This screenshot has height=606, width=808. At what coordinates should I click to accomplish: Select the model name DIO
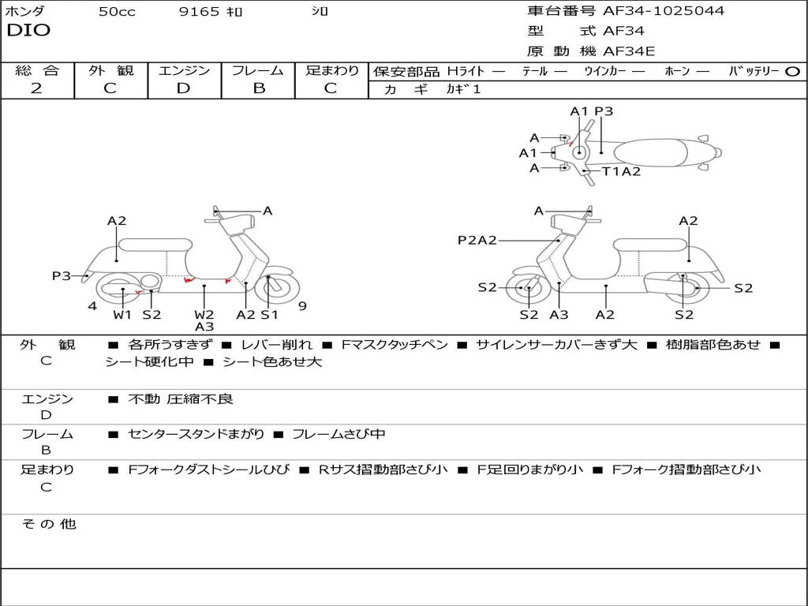click(28, 31)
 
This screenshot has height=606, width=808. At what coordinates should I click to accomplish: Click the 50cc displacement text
click(117, 12)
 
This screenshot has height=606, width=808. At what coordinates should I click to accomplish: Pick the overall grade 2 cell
click(36, 88)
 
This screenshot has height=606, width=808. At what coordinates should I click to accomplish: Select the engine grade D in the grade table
click(184, 88)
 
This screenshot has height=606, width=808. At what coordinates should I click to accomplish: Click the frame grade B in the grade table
click(258, 88)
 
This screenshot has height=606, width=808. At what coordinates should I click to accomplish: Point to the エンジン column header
click(184, 70)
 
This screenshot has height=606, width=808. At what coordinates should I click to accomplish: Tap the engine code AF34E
click(629, 51)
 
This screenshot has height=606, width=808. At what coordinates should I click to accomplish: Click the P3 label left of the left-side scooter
click(62, 275)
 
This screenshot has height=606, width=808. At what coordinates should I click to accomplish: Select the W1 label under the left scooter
click(122, 315)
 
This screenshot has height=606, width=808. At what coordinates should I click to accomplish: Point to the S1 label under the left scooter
click(270, 315)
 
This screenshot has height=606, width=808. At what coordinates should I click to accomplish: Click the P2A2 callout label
click(477, 240)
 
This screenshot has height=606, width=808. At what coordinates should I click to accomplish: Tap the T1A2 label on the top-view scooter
click(622, 171)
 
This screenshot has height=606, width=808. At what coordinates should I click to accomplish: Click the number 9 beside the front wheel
click(302, 306)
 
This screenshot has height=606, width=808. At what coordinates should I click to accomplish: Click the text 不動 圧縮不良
click(181, 399)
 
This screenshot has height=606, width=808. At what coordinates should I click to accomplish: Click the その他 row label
click(48, 524)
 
